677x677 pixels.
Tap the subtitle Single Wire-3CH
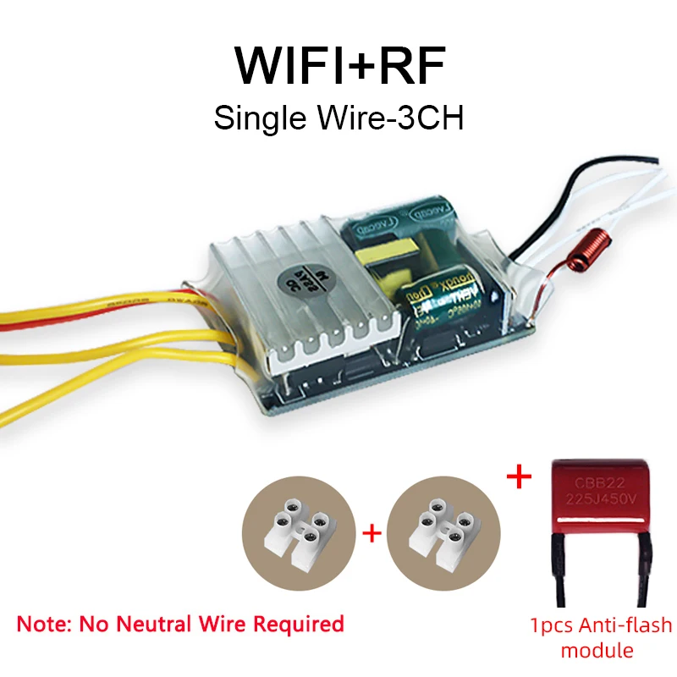click(338, 117)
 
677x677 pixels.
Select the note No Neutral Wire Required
click(180, 625)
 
